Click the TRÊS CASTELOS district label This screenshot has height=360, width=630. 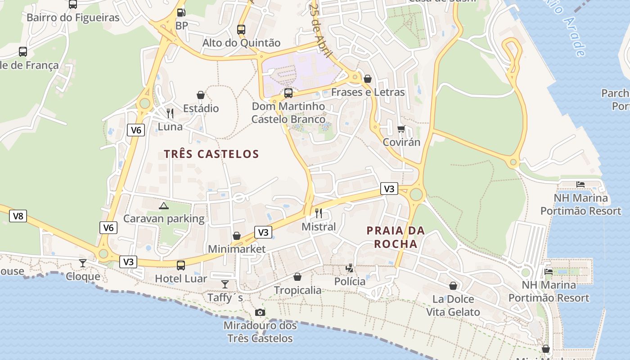click(x=211, y=154)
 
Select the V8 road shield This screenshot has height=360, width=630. click(x=18, y=216)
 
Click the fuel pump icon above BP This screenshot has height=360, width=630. click(x=181, y=13)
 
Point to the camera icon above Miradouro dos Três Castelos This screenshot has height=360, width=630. click(x=260, y=312)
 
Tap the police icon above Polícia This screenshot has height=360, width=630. click(x=350, y=269)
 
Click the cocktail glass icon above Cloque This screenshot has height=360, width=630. click(x=83, y=263)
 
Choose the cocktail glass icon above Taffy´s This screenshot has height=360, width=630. click(x=225, y=284)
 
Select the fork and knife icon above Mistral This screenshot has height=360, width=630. click(x=319, y=213)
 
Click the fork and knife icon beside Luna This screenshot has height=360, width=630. click(x=170, y=113)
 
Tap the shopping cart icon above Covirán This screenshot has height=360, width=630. click(x=401, y=129)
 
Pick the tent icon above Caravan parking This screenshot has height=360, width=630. click(x=163, y=206)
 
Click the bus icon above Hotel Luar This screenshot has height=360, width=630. click(x=181, y=265)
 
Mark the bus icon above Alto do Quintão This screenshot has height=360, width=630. click(x=241, y=30)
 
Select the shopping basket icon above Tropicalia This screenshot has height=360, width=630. click(x=297, y=277)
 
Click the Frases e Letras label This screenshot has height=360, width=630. click(x=368, y=92)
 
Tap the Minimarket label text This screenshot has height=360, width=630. click(x=237, y=249)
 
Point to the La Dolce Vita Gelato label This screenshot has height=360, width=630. click(x=453, y=306)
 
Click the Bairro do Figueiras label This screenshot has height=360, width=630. click(x=73, y=18)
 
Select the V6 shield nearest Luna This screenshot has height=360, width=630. click(x=136, y=130)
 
